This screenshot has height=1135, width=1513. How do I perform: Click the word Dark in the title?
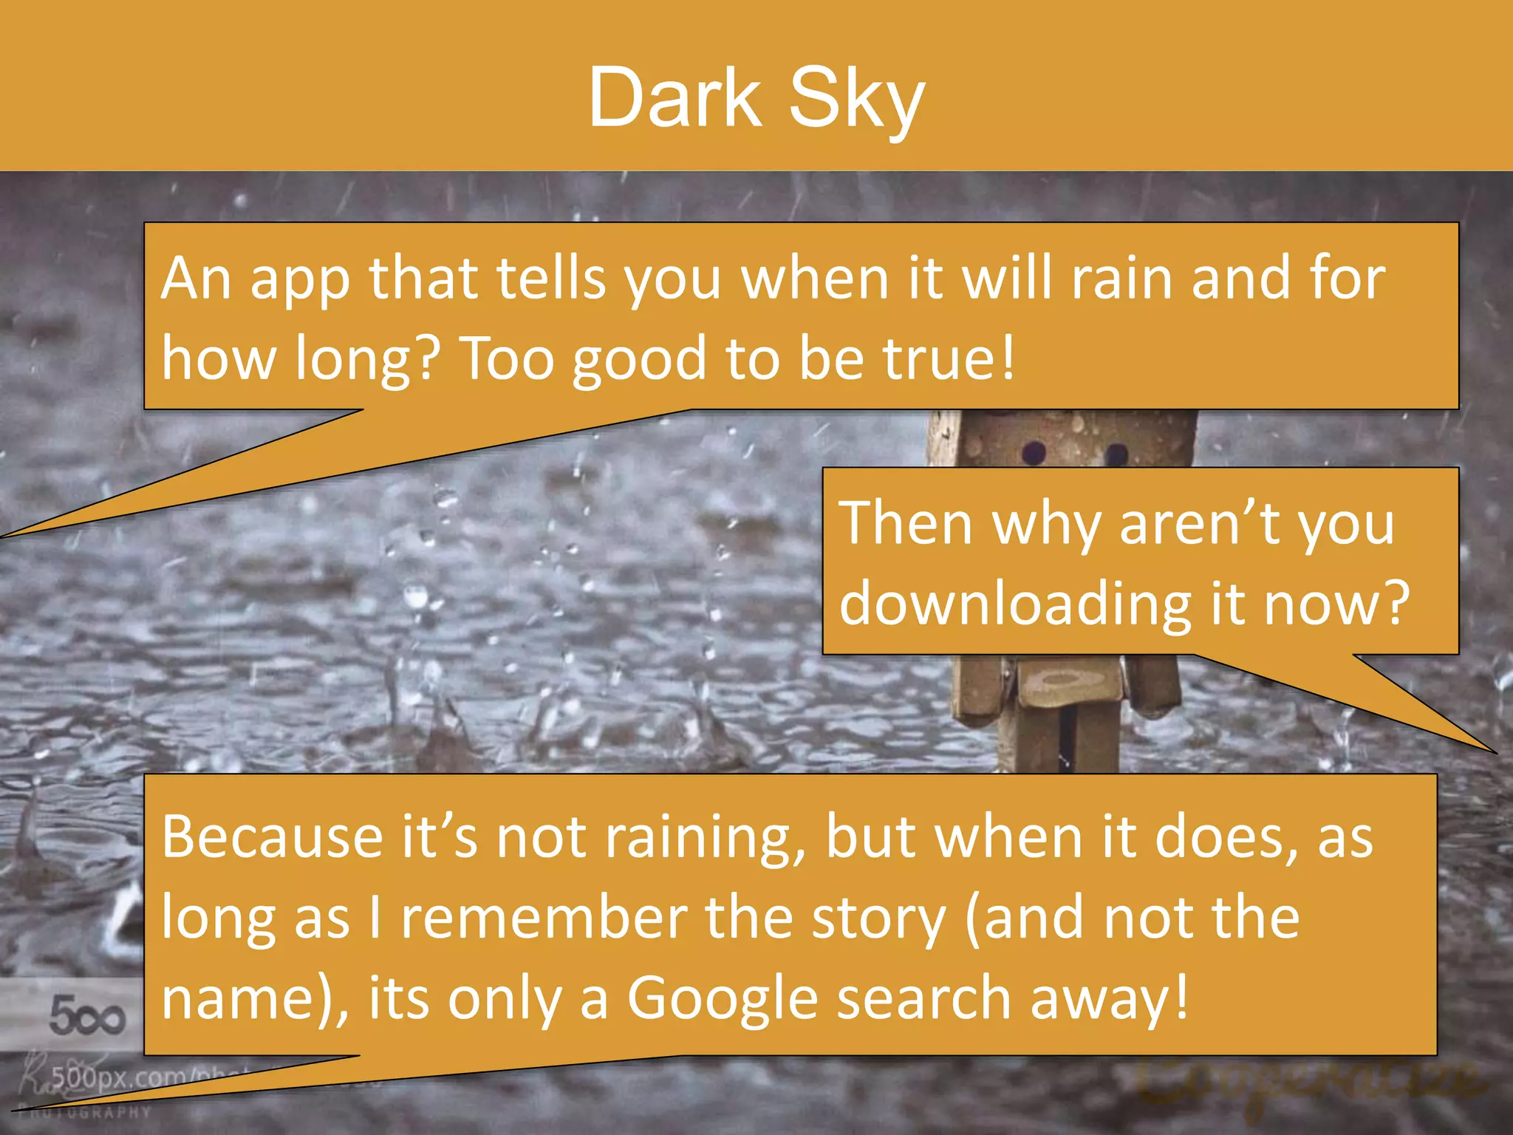click(674, 98)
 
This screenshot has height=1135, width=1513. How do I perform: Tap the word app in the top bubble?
click(299, 282)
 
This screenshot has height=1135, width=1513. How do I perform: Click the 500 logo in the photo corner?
click(86, 1015)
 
